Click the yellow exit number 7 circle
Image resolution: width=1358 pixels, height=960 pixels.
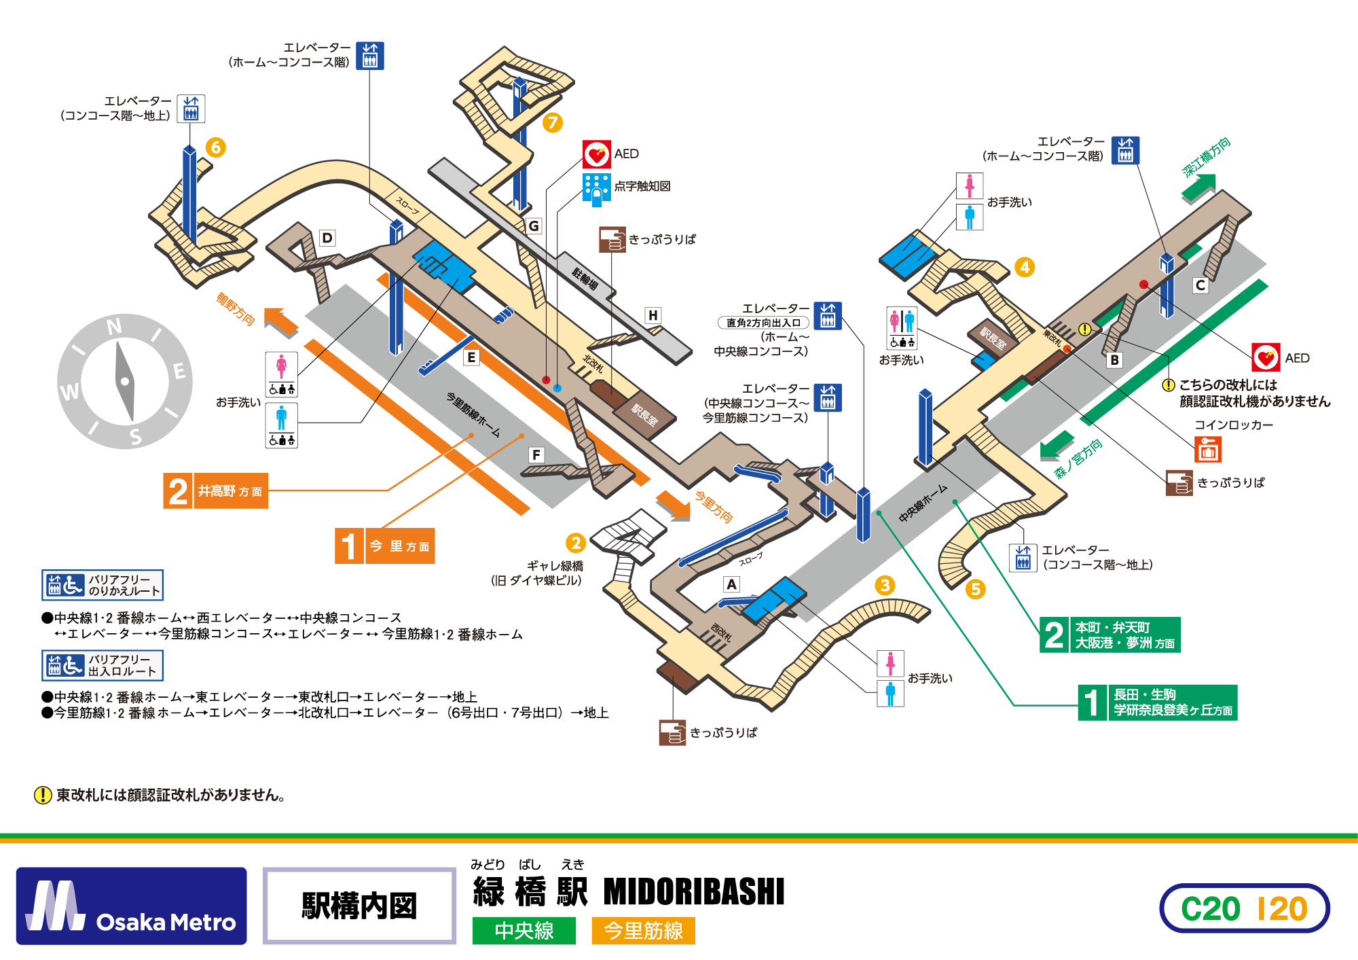point(553,122)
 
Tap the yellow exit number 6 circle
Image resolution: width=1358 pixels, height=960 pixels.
point(216,147)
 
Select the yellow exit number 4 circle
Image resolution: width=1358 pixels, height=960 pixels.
point(1025,267)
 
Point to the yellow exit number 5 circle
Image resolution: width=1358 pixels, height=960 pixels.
point(975,589)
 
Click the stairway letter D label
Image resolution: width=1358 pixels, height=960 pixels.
point(327,238)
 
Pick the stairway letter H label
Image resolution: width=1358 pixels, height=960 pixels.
point(653,315)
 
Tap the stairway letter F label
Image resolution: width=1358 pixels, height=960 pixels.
point(536,455)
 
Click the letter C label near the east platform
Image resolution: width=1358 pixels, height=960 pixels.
point(1200,285)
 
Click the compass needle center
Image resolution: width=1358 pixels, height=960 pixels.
point(125,382)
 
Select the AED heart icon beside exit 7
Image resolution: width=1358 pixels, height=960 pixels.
point(597,154)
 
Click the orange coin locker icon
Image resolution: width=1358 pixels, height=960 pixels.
point(1208,449)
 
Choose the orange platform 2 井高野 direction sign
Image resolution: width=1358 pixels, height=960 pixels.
point(216,491)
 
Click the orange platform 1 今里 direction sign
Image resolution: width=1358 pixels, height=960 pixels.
point(385,546)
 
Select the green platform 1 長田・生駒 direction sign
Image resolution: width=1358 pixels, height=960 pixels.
point(1158,703)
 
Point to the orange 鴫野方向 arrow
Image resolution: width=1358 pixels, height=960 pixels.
point(280,321)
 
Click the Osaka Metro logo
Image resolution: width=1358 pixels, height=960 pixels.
point(131,906)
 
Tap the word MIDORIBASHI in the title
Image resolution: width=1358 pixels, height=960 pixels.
point(693,892)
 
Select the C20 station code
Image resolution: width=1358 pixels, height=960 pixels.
point(1210,909)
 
